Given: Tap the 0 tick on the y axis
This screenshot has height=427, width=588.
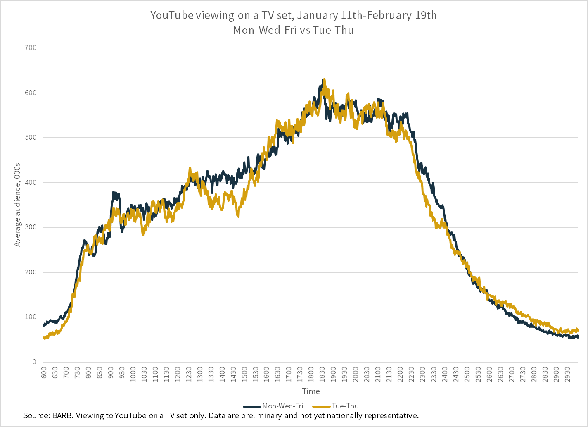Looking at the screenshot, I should [34, 362].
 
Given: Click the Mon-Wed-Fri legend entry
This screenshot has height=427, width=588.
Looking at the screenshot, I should [283, 406].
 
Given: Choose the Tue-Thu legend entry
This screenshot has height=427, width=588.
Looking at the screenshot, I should [345, 406].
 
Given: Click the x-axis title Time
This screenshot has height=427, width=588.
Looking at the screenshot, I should [311, 391].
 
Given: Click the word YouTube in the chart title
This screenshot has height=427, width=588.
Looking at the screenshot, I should [170, 16].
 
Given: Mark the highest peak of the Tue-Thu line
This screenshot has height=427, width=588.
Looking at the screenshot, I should [324, 79].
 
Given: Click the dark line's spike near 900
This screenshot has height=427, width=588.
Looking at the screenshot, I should [114, 192].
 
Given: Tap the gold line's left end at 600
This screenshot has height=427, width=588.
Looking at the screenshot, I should [44, 338].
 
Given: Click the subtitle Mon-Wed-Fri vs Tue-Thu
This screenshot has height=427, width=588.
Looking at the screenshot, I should [294, 30].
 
